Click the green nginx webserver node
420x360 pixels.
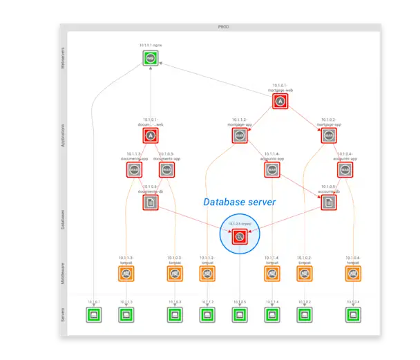pyautogui.click(x=151, y=58)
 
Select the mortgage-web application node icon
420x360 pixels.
pyautogui.click(x=280, y=102)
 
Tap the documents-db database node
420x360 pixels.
pyautogui.click(x=151, y=202)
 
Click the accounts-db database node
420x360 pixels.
pyautogui.click(x=329, y=202)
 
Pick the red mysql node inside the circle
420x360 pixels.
pyautogui.click(x=239, y=237)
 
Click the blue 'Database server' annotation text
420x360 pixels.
pyautogui.click(x=239, y=202)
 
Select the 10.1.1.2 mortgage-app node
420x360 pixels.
pyautogui.click(x=239, y=135)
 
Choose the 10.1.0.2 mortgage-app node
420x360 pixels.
pyautogui.click(x=329, y=135)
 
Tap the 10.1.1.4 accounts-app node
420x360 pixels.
pyautogui.click(x=272, y=169)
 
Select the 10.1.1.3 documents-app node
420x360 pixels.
pyautogui.click(x=134, y=169)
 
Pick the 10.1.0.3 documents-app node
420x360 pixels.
pyautogui.click(x=166, y=169)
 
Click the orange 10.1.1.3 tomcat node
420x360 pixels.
pyautogui.click(x=126, y=274)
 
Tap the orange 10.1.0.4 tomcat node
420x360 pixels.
pyautogui.click(x=354, y=274)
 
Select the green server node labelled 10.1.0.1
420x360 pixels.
pyautogui.click(x=94, y=315)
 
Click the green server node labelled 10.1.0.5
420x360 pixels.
pyautogui.click(x=239, y=315)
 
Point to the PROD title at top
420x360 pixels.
pyautogui.click(x=223, y=27)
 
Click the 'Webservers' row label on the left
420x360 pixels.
pyautogui.click(x=64, y=58)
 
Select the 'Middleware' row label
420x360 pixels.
pyautogui.click(x=64, y=274)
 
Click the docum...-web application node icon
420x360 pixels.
pyautogui.click(x=151, y=135)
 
